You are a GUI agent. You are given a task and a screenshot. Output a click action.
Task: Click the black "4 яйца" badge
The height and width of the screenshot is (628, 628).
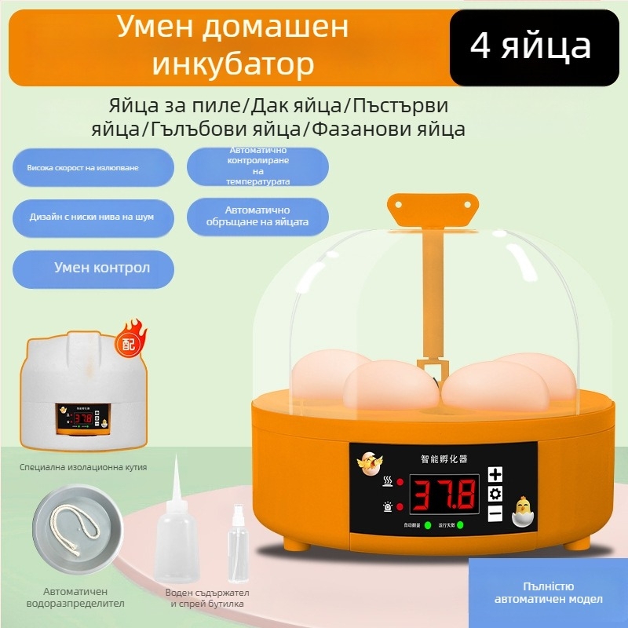(x=531, y=47)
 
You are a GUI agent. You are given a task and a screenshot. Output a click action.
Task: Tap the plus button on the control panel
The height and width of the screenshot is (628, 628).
(x=495, y=474)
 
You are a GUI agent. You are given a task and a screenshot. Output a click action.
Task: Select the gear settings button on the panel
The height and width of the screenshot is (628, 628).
(x=495, y=494)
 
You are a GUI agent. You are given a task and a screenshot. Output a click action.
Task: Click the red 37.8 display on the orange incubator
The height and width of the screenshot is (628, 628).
(x=444, y=495)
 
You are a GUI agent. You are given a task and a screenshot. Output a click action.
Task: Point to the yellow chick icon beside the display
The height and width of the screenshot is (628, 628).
(x=523, y=511)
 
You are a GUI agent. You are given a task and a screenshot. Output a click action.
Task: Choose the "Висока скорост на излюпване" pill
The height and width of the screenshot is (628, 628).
(x=93, y=168)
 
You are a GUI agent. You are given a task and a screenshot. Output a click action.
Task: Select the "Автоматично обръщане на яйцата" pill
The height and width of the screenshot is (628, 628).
(x=257, y=217)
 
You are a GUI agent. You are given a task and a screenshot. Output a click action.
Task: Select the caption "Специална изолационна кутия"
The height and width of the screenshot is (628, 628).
(x=83, y=467)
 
